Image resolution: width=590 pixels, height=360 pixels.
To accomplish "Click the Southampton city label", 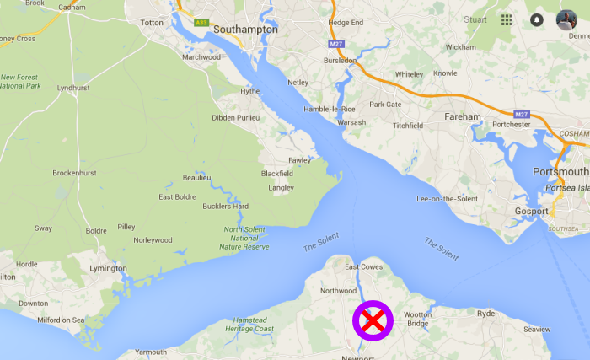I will pos(245,29).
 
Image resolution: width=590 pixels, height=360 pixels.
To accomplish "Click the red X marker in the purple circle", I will pos(373,320).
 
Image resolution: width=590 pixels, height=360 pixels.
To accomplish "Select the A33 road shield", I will pos(201,24).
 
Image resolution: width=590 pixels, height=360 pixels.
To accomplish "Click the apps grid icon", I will pos(507,19).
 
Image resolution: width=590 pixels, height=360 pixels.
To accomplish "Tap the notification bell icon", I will pos(537,19).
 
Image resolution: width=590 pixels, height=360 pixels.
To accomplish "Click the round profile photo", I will pos(566,19).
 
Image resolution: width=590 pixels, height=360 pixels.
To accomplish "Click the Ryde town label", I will pos(486,313).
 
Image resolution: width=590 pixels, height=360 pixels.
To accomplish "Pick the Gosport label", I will pos(532,211).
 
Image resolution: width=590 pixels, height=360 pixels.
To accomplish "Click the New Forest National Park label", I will pos(20,82).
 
